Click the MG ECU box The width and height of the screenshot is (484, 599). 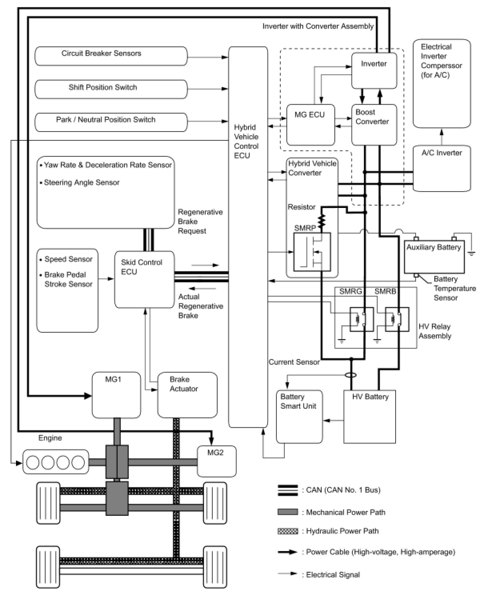click(310, 125)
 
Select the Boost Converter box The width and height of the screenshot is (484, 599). click(374, 125)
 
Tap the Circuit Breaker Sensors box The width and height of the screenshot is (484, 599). click(111, 56)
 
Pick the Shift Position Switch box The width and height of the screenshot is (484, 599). click(111, 89)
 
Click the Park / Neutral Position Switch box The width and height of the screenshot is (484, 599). click(111, 122)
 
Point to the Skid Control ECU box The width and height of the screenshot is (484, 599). click(144, 280)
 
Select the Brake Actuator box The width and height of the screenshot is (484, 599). click(187, 395)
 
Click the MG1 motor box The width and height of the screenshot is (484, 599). click(116, 395)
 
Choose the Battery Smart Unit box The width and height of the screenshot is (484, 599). click(299, 417)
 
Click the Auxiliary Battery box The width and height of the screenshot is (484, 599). click(434, 257)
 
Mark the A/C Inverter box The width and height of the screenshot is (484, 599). click(442, 168)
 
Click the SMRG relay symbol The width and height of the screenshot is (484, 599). click(362, 319)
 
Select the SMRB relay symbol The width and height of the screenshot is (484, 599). click(397, 319)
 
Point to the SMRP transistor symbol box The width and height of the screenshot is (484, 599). click(312, 252)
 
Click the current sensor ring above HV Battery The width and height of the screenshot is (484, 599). click(351, 375)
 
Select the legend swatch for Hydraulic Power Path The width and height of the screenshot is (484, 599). click(288, 531)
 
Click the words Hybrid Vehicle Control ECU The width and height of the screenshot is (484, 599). click(246, 142)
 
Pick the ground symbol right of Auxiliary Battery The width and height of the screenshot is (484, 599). click(472, 254)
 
